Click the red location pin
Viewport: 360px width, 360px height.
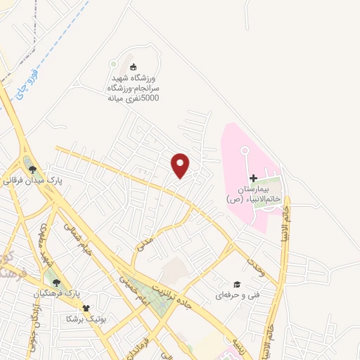click(181, 165)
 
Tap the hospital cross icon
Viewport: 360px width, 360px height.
click(254, 179)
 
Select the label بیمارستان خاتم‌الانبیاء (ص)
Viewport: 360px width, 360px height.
click(254, 195)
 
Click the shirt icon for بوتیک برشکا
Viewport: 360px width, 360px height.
click(86, 307)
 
